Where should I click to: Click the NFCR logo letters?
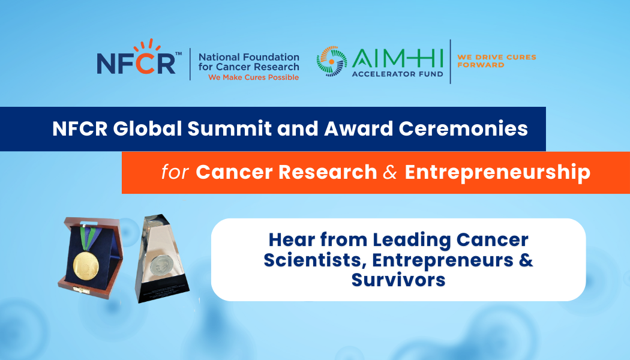pos(136,63)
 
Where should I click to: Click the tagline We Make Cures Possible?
pos(253,77)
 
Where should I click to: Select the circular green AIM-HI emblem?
pos(332,62)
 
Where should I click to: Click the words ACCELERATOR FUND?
pos(398,74)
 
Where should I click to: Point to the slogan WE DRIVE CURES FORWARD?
pos(496,61)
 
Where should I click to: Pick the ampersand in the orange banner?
pos(390,172)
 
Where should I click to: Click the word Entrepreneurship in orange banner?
pos(497,172)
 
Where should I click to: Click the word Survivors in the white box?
pos(398,280)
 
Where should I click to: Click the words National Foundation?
pos(248,58)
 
